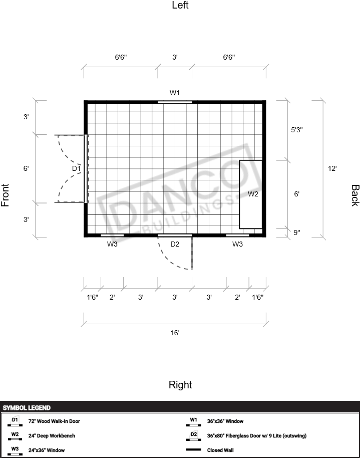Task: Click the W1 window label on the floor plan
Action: pyautogui.click(x=175, y=93)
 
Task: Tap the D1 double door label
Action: pyautogui.click(x=76, y=168)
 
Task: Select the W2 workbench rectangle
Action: pyautogui.click(x=251, y=194)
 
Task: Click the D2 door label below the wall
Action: pyautogui.click(x=175, y=244)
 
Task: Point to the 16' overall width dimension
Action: pyautogui.click(x=175, y=333)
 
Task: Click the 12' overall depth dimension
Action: pyautogui.click(x=332, y=168)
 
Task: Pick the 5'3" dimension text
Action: pyautogui.click(x=296, y=130)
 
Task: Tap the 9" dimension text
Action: pyautogui.click(x=296, y=233)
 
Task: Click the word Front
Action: pyautogui.click(x=5, y=195)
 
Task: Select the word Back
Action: pyautogui.click(x=355, y=195)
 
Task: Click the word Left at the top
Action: pyautogui.click(x=180, y=5)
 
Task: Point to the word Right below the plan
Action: pyautogui.click(x=180, y=385)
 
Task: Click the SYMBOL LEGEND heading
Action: pyautogui.click(x=27, y=408)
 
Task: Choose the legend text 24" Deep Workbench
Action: pyautogui.click(x=52, y=436)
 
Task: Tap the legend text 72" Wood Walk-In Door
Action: pyautogui.click(x=54, y=421)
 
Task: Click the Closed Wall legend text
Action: pyautogui.click(x=220, y=450)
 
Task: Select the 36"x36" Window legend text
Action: pyautogui.click(x=225, y=421)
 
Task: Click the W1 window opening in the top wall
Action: pyautogui.click(x=175, y=102)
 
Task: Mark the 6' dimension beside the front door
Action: pyautogui.click(x=26, y=168)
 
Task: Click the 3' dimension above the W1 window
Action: pyautogui.click(x=175, y=57)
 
